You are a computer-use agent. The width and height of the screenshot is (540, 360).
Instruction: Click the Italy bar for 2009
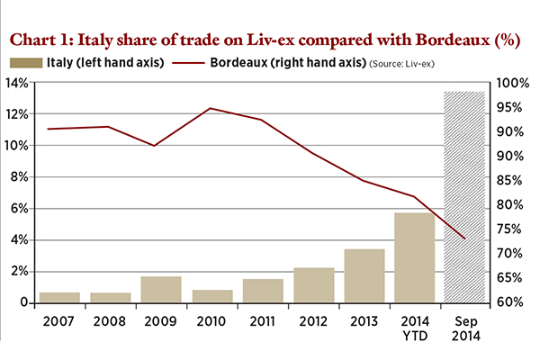pyautogui.click(x=162, y=289)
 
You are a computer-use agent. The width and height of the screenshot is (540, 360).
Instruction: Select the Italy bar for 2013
pyautogui.click(x=364, y=275)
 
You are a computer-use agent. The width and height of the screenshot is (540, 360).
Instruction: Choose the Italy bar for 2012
pyautogui.click(x=314, y=284)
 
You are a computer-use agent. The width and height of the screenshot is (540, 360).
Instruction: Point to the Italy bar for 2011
pyautogui.click(x=264, y=291)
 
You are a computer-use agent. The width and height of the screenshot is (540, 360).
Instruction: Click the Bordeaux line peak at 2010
pyautogui.click(x=211, y=108)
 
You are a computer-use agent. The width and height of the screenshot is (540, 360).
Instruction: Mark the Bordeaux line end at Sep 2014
pyautogui.click(x=465, y=238)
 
